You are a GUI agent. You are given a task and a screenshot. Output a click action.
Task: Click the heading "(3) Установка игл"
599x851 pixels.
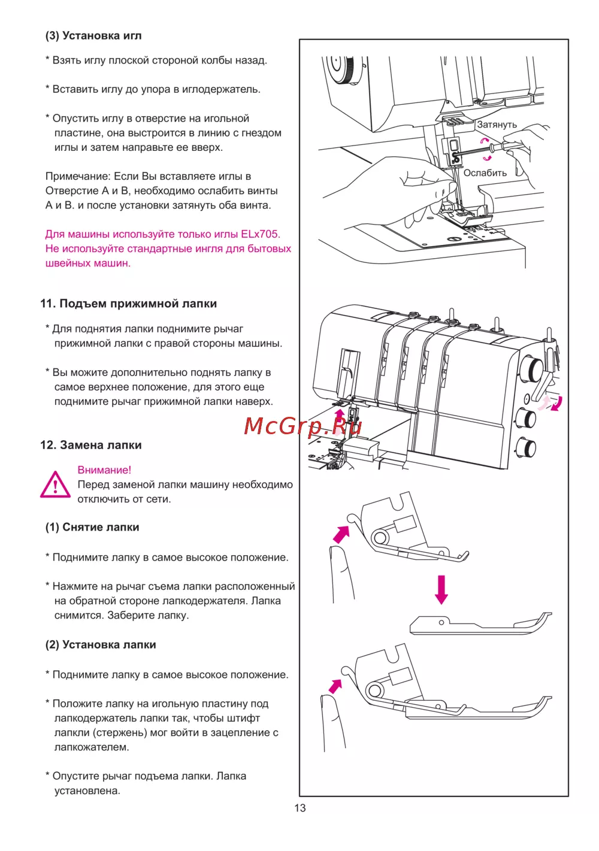pyautogui.click(x=93, y=36)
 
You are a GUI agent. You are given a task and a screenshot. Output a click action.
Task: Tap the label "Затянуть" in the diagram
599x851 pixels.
pyautogui.click(x=497, y=125)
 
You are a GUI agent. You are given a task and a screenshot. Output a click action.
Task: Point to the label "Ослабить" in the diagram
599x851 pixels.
pyautogui.click(x=485, y=173)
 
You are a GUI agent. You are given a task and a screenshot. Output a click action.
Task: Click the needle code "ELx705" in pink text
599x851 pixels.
pyautogui.click(x=261, y=234)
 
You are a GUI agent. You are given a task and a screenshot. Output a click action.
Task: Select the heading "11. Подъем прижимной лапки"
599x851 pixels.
pyautogui.click(x=128, y=304)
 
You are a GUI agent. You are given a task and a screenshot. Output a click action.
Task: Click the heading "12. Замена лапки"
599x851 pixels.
pyautogui.click(x=91, y=445)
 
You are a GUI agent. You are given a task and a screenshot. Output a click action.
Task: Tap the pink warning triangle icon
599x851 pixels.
pyautogui.click(x=56, y=484)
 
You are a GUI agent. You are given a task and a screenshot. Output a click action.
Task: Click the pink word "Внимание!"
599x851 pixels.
pyautogui.click(x=104, y=470)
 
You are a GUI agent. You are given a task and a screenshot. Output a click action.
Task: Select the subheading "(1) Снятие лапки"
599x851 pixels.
pyautogui.click(x=92, y=527)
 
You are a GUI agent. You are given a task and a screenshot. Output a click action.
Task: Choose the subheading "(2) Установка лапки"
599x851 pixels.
pyautogui.click(x=101, y=644)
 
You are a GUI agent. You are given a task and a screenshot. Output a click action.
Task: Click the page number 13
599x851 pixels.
pyautogui.click(x=300, y=808)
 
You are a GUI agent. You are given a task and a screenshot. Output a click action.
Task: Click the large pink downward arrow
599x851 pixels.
pyautogui.click(x=441, y=589)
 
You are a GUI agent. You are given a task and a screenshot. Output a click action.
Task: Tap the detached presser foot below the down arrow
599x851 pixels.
pyautogui.click(x=479, y=624)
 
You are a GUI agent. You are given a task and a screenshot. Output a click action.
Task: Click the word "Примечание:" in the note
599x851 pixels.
pyautogui.click(x=78, y=176)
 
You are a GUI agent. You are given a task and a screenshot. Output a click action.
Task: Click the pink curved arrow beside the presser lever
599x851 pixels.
pyautogui.click(x=557, y=404)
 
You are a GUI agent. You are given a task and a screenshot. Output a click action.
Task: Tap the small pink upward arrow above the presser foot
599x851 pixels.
pyautogui.click(x=340, y=414)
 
